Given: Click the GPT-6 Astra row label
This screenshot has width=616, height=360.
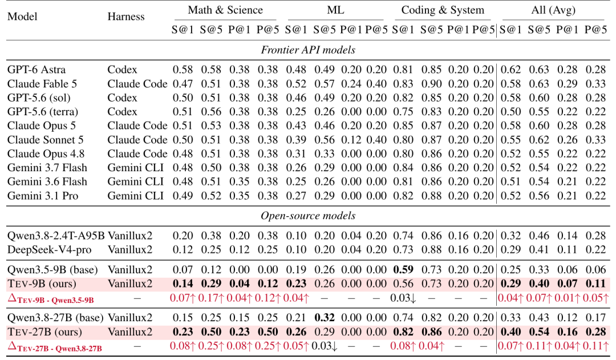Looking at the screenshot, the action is click(x=37, y=70).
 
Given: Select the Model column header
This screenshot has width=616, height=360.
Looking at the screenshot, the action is click(x=22, y=17).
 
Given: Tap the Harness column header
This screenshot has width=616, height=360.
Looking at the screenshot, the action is click(x=126, y=17).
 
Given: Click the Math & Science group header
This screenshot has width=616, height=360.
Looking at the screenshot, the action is click(x=225, y=10).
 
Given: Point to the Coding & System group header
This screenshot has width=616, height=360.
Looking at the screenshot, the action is click(x=443, y=10).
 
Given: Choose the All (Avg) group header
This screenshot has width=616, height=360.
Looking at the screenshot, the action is click(x=553, y=10).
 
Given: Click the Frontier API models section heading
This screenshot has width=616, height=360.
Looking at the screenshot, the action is click(x=308, y=50).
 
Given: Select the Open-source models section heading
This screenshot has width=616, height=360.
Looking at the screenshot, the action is click(x=308, y=216).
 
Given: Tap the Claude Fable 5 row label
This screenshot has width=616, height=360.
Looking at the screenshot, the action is click(x=42, y=84).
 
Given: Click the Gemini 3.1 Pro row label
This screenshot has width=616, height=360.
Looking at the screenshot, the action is click(x=43, y=196).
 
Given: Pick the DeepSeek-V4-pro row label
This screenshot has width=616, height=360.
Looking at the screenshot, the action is click(x=50, y=249).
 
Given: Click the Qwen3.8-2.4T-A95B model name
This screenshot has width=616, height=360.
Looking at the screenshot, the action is click(x=56, y=236).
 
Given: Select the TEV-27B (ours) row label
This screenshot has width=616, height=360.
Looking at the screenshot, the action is click(x=45, y=331).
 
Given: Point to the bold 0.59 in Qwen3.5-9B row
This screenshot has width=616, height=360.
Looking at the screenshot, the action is click(x=403, y=270).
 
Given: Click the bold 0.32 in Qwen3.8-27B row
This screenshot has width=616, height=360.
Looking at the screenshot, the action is click(x=324, y=318).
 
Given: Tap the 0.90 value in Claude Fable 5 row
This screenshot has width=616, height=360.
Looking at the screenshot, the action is click(x=431, y=84).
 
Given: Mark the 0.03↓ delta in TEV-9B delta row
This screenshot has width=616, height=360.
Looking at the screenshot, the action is click(x=403, y=298).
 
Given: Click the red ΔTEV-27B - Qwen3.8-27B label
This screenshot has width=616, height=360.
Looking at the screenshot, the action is click(x=55, y=347).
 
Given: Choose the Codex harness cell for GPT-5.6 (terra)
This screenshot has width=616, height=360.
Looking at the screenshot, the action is click(x=122, y=112).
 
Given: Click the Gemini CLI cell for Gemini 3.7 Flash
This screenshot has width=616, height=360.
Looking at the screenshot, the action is click(x=136, y=168).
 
